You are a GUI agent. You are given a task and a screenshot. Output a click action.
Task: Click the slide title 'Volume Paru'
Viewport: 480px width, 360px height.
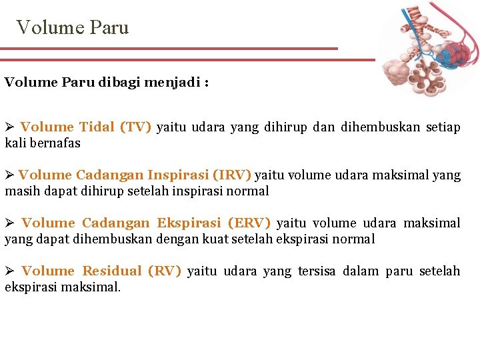coord(73,27)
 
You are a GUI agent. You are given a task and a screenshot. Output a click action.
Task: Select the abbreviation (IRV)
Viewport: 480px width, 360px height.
coord(231,175)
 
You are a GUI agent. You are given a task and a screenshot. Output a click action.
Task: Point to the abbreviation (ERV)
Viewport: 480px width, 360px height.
coord(249,223)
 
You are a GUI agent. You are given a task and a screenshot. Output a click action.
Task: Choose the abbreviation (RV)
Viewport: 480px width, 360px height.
coord(164,271)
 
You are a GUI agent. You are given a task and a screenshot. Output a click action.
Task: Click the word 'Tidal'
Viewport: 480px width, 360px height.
coord(97,127)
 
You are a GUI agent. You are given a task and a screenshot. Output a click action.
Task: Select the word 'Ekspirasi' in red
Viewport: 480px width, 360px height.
coord(189,223)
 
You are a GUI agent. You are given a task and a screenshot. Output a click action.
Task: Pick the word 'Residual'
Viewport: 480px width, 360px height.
coord(112,271)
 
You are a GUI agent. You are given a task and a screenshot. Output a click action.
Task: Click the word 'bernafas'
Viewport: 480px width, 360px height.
coord(54,143)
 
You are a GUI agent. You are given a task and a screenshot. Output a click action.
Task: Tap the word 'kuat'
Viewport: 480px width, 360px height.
coord(215,239)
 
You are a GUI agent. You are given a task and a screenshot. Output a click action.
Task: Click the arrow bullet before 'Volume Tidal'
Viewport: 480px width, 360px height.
coord(9,127)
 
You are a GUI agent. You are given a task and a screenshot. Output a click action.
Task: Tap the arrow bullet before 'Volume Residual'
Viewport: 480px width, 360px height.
coord(9,271)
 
